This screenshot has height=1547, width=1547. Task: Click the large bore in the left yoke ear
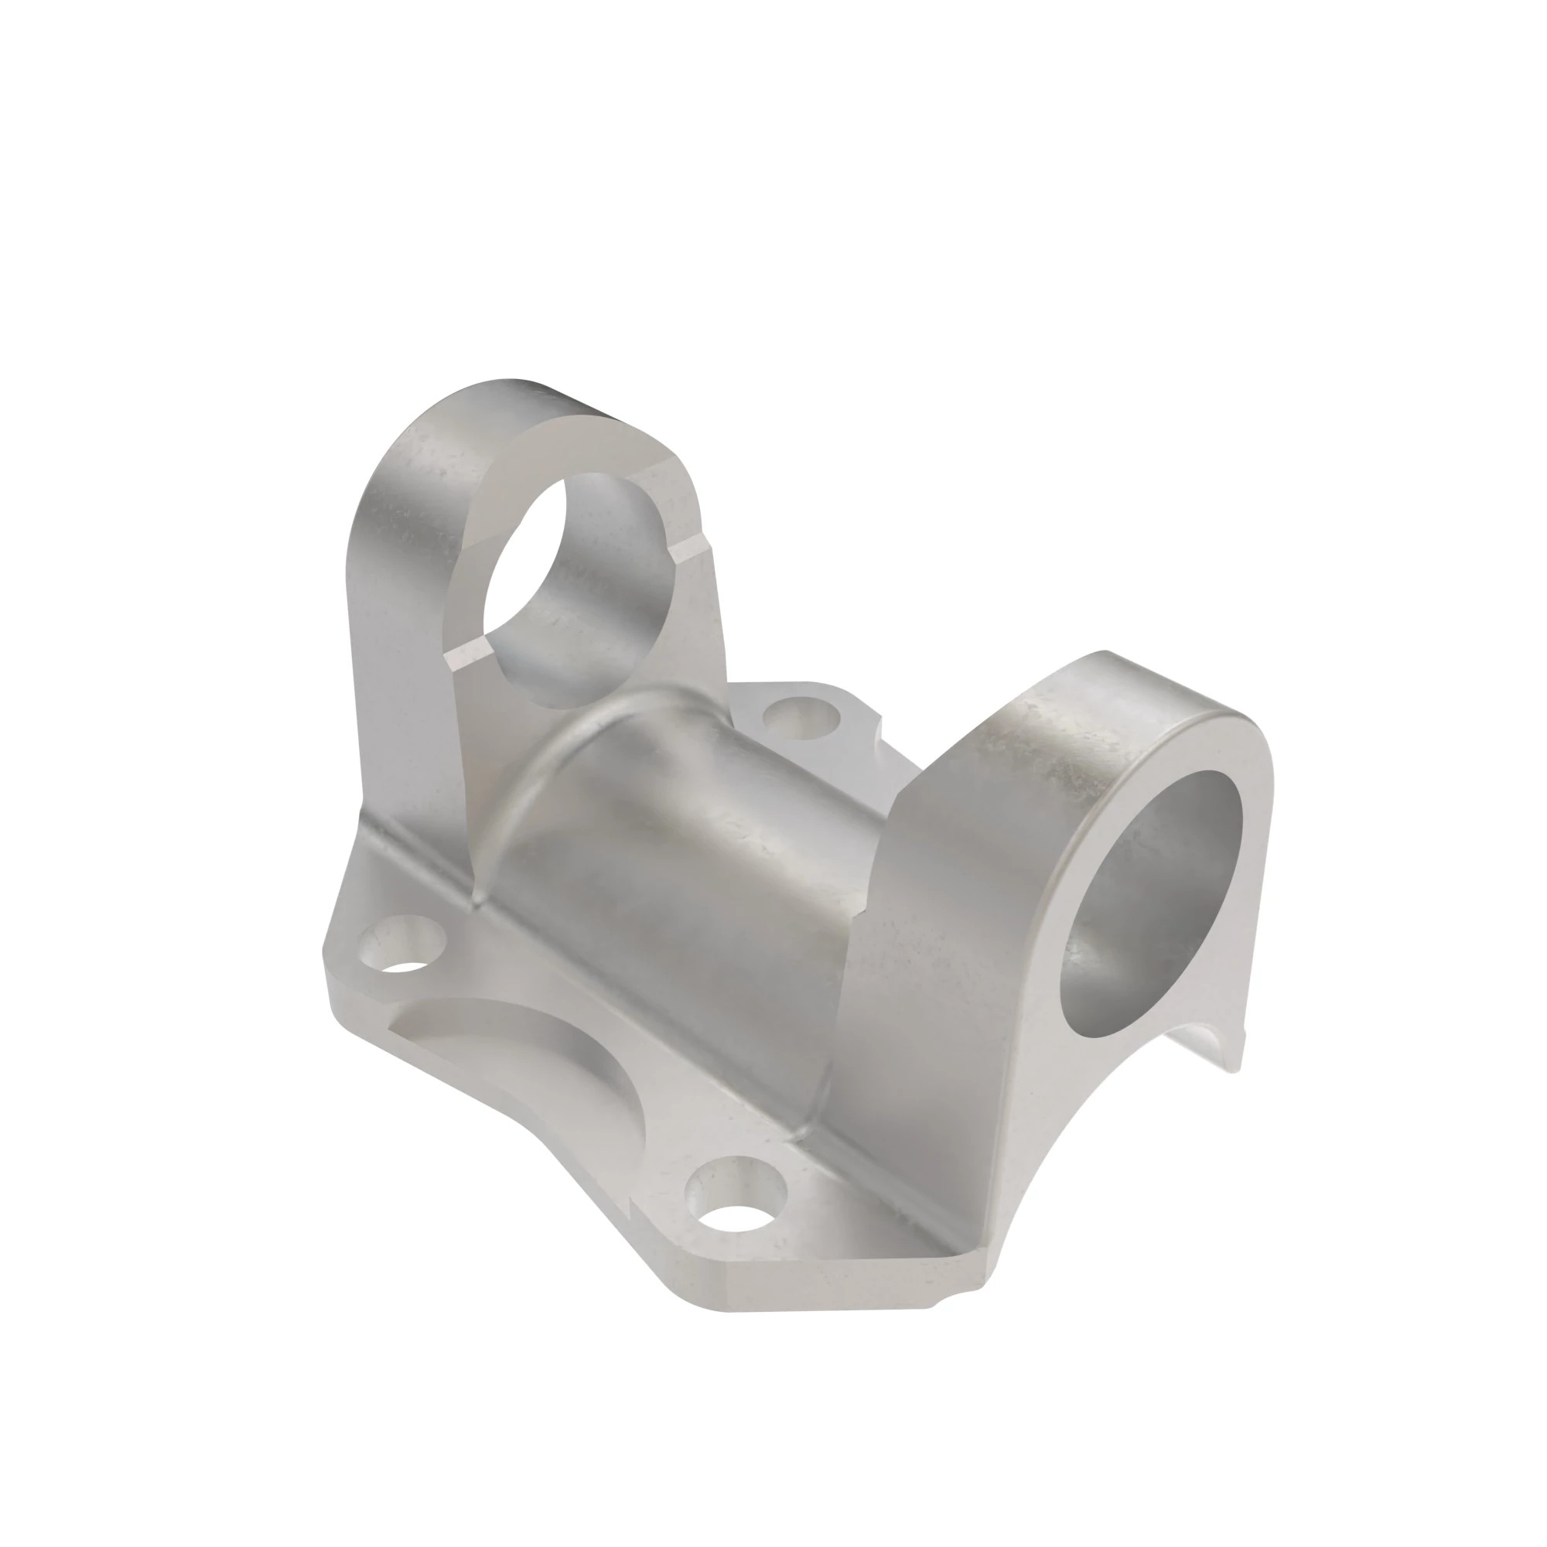click(589, 589)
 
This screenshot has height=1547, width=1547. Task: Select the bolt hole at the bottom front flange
click(737, 1209)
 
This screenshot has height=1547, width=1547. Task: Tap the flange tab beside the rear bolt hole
click(849, 705)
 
